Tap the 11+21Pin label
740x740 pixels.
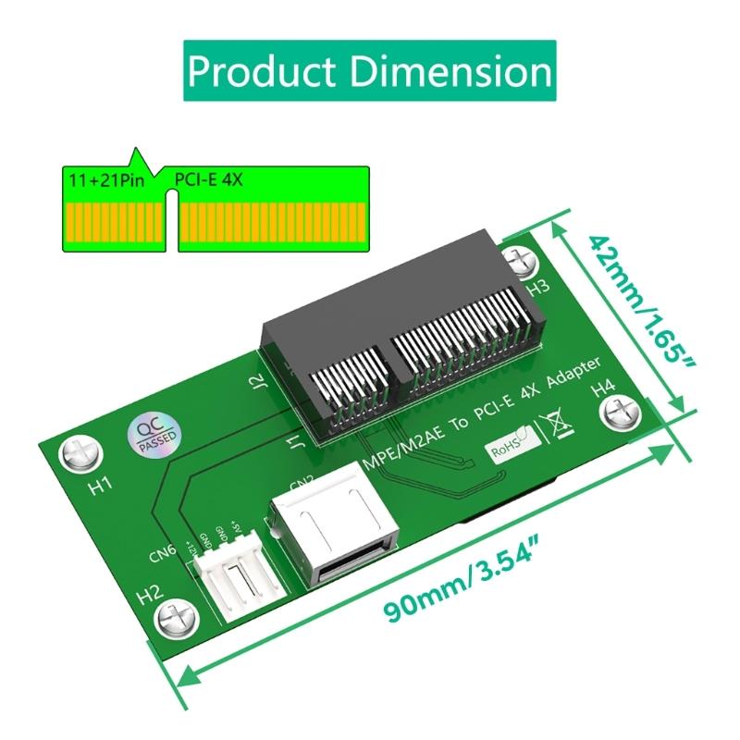coord(105,179)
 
